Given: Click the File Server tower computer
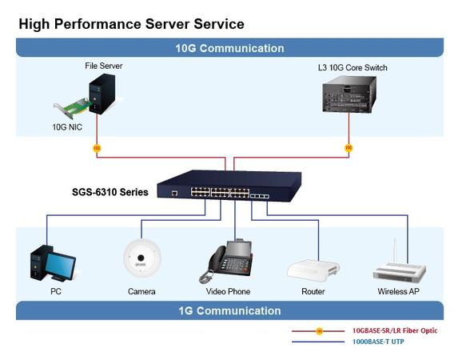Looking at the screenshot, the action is [x=102, y=94].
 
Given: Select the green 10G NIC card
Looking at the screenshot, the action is [x=73, y=108].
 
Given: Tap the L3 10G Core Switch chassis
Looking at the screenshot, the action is [x=349, y=94].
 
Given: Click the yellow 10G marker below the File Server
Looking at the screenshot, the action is [x=97, y=148].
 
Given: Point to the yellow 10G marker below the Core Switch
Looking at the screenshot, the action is [x=348, y=148].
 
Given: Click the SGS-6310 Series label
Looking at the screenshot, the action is [x=110, y=192].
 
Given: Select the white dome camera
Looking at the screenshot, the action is [x=142, y=258].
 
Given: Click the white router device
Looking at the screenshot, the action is [x=313, y=270].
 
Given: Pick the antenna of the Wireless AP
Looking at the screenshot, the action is [x=395, y=250].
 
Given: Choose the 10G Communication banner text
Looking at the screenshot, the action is [x=229, y=48].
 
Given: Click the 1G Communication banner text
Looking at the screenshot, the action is [x=229, y=310].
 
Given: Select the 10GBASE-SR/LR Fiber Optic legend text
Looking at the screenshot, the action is [x=395, y=330].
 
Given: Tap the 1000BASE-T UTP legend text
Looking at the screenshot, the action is [x=378, y=342].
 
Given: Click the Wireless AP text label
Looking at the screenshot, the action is [x=398, y=291].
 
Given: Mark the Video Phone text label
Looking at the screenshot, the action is [x=228, y=291].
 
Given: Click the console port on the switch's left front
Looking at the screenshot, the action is [x=175, y=193].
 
